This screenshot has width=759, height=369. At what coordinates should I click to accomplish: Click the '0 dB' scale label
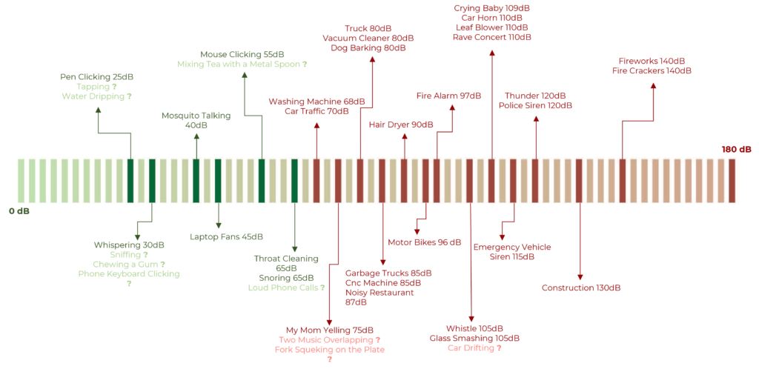(x=19, y=211)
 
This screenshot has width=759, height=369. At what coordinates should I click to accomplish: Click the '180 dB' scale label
(x=737, y=150)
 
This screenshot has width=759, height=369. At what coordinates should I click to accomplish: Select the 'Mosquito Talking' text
(x=196, y=116)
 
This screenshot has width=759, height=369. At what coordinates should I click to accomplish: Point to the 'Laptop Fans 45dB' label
(x=227, y=236)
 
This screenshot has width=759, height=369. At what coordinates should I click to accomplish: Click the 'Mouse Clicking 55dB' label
(x=242, y=53)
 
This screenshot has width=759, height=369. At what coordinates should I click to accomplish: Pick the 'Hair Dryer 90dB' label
(x=401, y=124)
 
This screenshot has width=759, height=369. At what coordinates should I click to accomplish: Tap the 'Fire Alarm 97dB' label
(x=448, y=96)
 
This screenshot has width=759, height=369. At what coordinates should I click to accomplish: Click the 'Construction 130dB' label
(x=581, y=287)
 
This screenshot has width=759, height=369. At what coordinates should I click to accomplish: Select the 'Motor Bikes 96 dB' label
(x=425, y=242)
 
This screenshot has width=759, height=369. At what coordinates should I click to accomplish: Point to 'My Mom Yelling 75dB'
(x=329, y=330)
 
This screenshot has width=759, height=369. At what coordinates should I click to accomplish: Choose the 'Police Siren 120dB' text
(x=535, y=105)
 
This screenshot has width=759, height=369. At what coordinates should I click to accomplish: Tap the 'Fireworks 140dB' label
(x=652, y=61)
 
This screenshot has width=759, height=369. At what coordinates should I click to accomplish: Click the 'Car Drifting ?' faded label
(x=474, y=348)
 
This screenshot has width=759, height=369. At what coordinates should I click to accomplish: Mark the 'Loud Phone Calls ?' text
(x=286, y=287)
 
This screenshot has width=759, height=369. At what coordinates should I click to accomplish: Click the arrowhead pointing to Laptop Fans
(x=219, y=225)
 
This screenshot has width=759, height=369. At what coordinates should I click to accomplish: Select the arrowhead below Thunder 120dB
(x=535, y=119)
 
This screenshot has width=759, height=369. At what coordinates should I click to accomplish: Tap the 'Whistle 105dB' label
(x=474, y=328)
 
